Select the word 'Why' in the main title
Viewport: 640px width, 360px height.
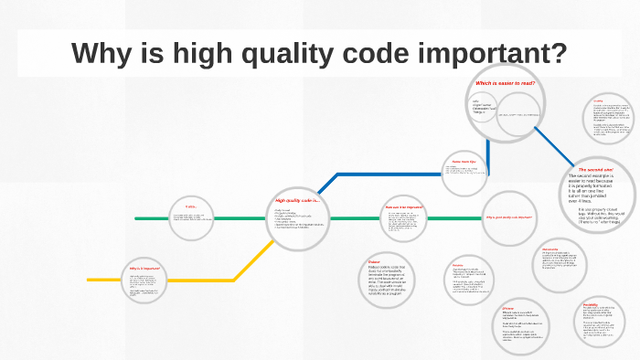[97, 52]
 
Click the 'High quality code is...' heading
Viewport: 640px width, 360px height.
[295, 199]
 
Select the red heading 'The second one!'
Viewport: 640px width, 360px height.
[595, 170]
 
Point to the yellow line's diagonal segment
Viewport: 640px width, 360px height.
[252, 259]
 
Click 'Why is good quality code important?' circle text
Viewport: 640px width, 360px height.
[508, 217]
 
